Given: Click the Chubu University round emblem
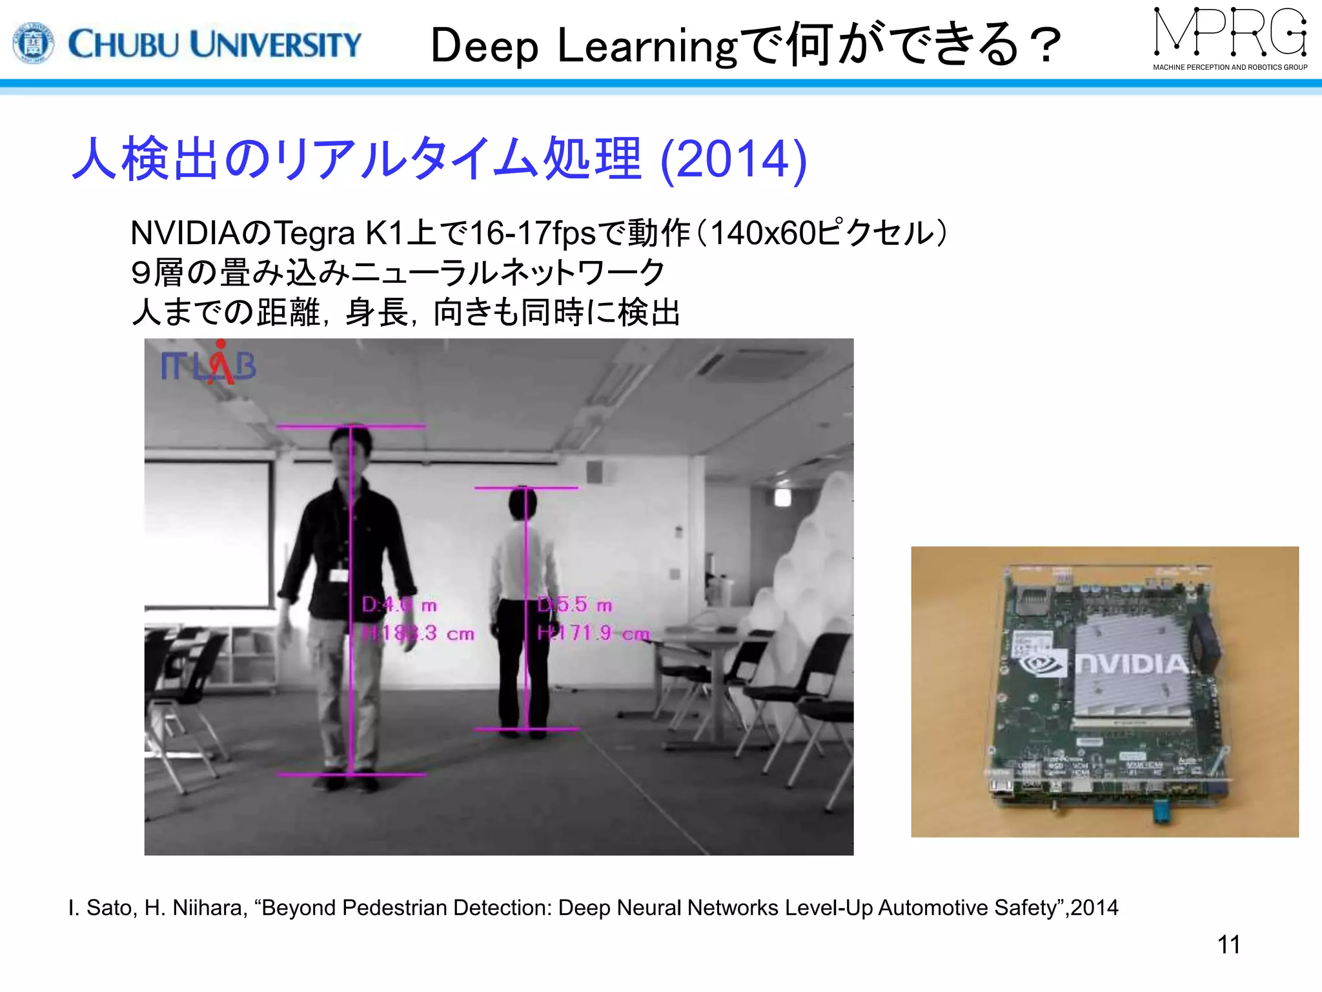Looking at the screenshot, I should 34,43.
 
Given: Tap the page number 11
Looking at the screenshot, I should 1228,945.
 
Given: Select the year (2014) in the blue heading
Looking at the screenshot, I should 734,159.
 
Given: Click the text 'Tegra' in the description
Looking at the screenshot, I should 314,233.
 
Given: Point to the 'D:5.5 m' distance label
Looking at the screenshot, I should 575,605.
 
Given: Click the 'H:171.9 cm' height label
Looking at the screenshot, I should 593,634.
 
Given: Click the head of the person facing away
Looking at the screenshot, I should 522,504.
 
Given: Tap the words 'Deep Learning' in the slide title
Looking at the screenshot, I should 584,46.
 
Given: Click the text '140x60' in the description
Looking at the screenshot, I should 763,233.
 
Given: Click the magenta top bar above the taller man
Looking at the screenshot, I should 351,426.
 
